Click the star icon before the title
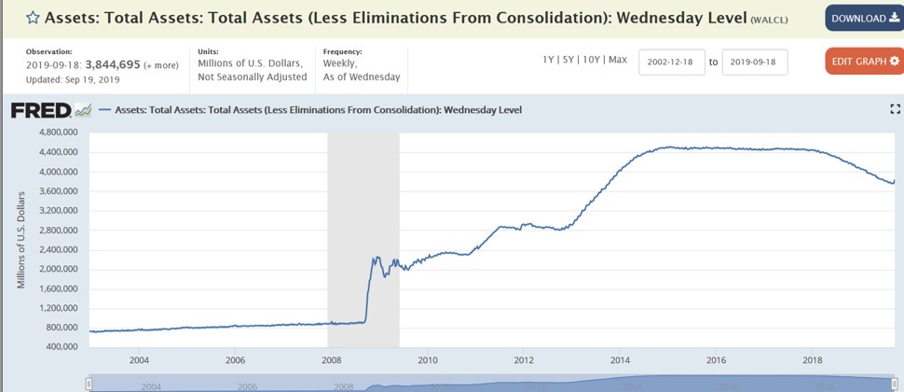32,18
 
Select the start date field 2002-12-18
671,62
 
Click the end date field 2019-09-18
754,62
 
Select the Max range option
618,60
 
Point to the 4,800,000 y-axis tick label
57,133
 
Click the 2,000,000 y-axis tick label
57,269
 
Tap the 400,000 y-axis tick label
61,346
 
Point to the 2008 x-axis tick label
331,359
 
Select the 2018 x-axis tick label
813,359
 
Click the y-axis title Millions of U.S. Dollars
21,239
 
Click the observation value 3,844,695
113,64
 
